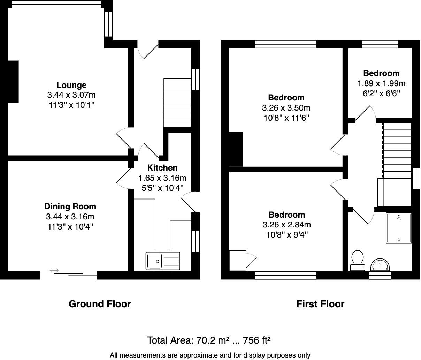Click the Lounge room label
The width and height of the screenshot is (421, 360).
(71, 85)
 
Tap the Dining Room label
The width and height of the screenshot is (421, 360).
(70, 207)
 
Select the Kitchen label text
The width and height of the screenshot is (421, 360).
(162, 168)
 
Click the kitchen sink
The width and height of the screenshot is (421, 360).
(163, 261)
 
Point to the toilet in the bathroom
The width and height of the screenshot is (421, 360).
(357, 261)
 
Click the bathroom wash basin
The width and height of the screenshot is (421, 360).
(380, 265)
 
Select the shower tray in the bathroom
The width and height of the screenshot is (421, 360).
(399, 228)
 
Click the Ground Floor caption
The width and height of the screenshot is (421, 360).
(100, 304)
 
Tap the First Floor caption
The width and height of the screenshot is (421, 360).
(320, 304)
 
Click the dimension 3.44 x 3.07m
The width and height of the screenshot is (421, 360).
(71, 95)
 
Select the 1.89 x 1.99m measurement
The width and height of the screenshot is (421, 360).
(382, 83)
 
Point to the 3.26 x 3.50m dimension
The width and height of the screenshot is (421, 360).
(286, 108)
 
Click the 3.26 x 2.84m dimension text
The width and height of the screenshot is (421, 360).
(286, 225)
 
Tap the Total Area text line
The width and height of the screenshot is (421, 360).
(209, 340)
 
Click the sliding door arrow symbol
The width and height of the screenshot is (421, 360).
(54, 270)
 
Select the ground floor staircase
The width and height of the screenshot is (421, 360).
(177, 103)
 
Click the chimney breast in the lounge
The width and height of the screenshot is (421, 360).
(14, 82)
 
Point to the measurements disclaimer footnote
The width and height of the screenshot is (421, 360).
(210, 355)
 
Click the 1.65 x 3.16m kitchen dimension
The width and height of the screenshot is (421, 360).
(162, 178)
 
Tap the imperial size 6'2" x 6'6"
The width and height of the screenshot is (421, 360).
(382, 93)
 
